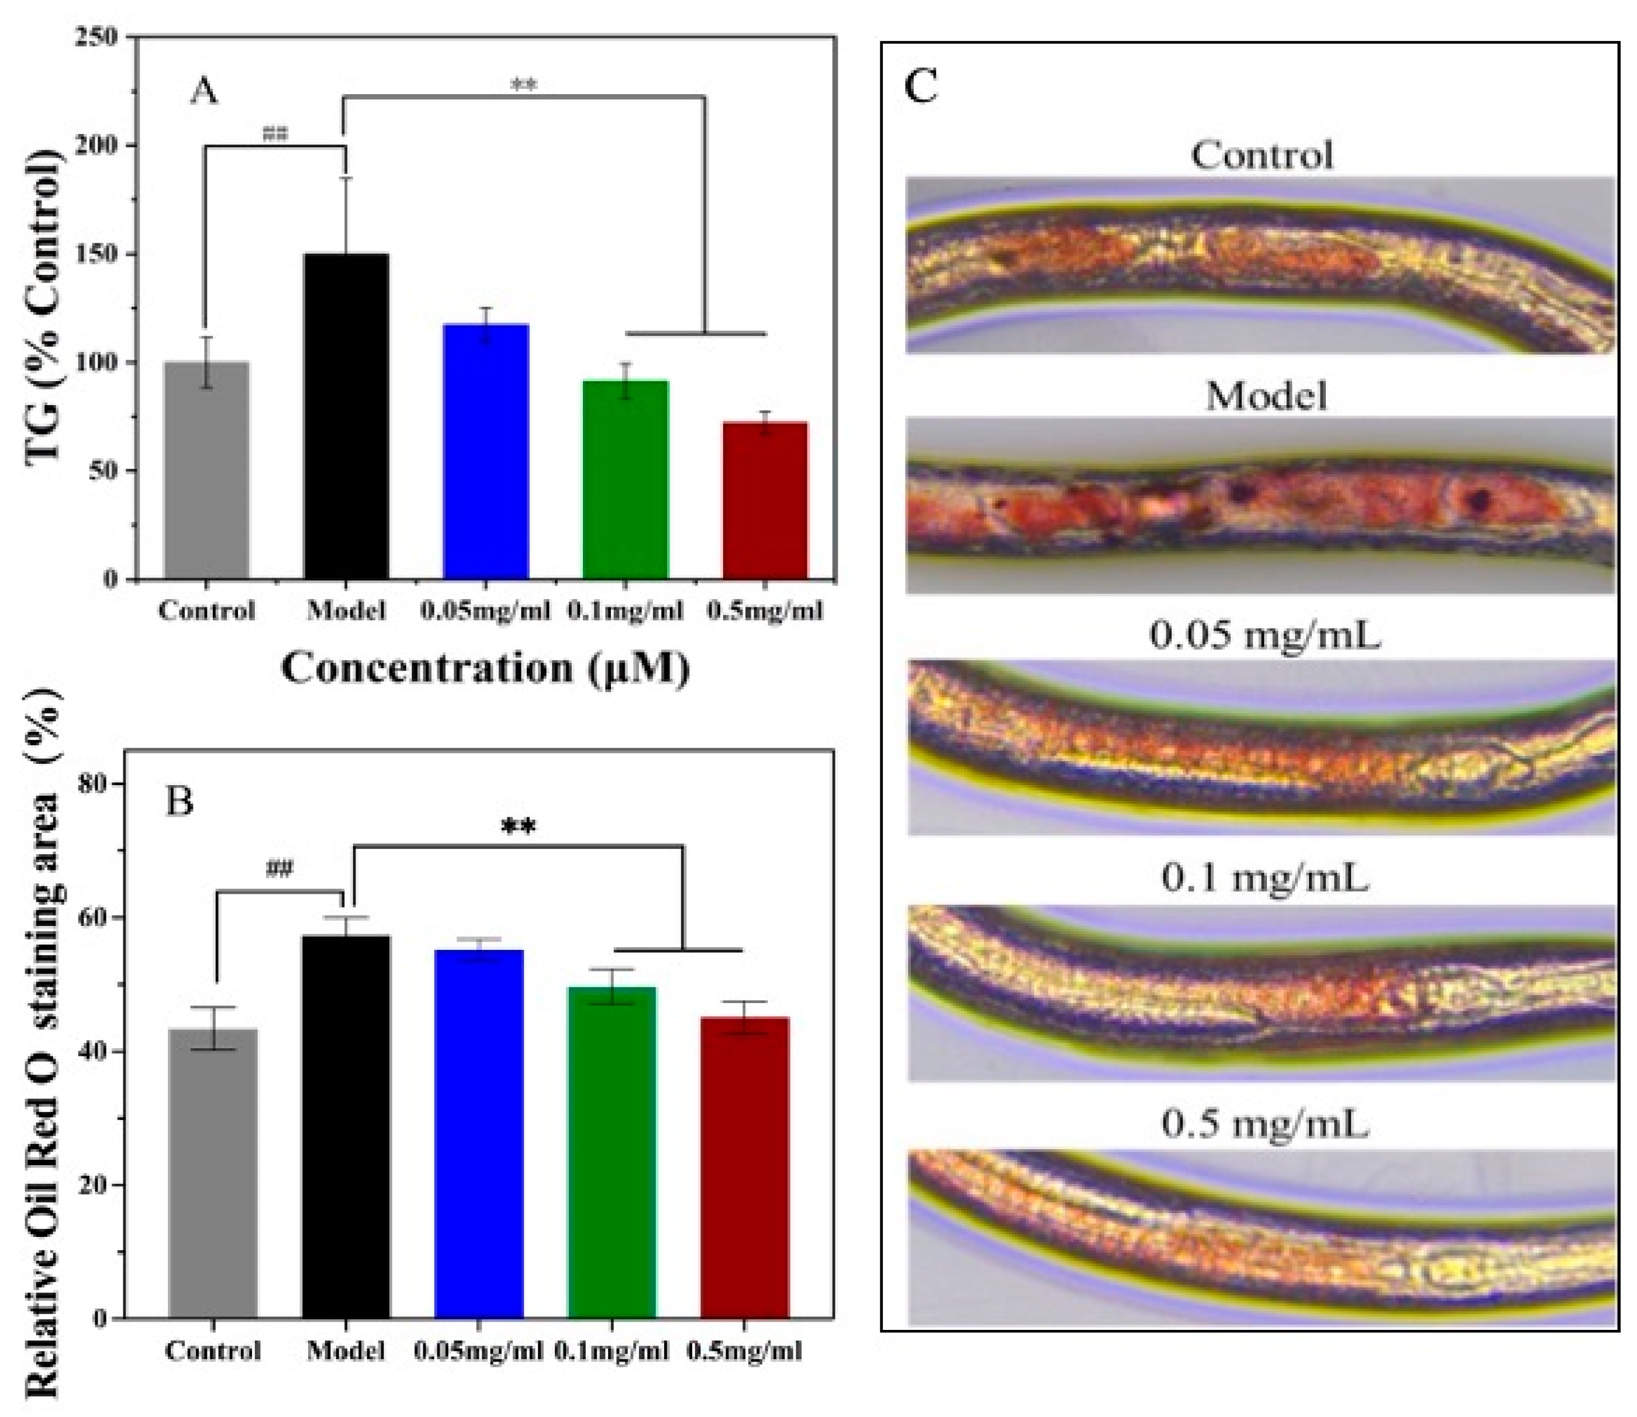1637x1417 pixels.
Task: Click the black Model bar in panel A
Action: (346, 417)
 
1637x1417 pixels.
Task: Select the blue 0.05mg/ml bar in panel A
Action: (486, 451)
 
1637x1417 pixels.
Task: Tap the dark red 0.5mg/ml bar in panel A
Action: (765, 500)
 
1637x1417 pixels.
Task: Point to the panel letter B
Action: (179, 803)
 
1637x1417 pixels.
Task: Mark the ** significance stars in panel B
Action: (519, 828)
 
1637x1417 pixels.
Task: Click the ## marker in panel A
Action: (274, 134)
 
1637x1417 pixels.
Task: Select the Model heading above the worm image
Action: (1265, 395)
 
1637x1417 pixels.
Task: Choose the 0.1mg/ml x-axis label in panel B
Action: (612, 1352)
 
